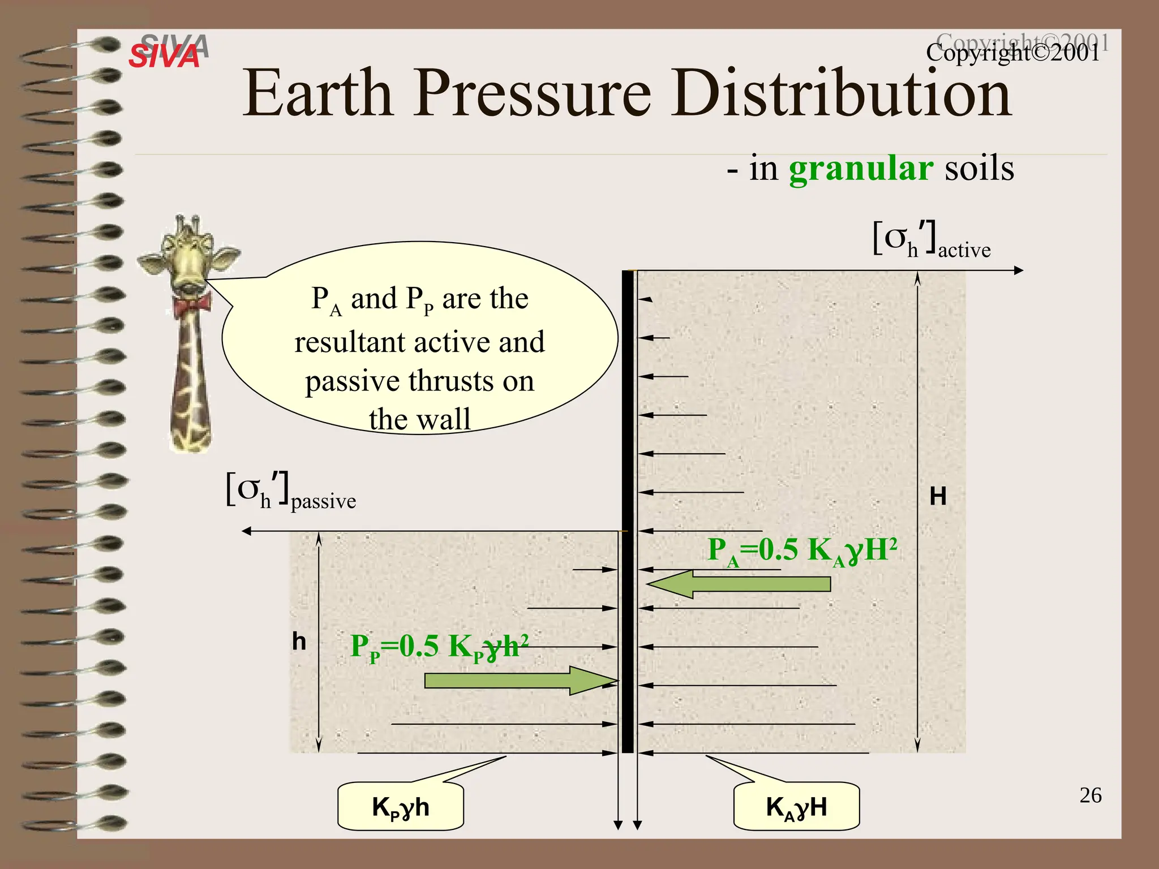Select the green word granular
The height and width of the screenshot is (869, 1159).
(860, 169)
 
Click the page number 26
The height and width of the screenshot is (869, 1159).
(1090, 795)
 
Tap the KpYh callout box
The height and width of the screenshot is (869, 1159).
(401, 807)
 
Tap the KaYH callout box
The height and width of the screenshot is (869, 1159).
(796, 807)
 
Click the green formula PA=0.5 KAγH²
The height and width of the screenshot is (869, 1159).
(802, 550)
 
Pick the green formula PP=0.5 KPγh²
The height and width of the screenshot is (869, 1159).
(440, 647)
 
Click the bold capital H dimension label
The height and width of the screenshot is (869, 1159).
(938, 497)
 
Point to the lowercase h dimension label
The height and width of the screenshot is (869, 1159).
(299, 642)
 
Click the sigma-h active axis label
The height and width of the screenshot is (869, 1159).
(931, 241)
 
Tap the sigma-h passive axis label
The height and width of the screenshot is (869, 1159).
(291, 492)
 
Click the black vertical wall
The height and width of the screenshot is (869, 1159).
(628, 509)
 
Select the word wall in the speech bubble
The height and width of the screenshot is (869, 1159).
(448, 420)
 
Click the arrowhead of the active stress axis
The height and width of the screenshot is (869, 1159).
(1019, 270)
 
